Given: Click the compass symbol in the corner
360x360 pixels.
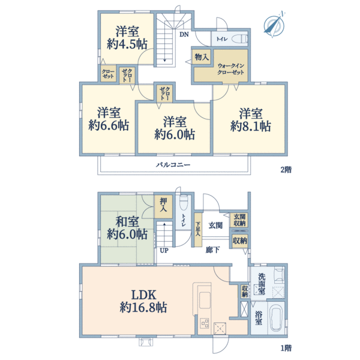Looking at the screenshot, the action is [x=274, y=25].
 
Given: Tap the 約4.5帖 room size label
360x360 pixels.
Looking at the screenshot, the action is [x=127, y=44].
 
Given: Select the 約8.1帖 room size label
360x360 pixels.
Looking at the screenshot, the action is [x=250, y=126].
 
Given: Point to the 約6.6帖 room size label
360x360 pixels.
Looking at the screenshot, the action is [x=109, y=125].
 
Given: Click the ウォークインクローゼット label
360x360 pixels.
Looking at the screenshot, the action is [x=230, y=69].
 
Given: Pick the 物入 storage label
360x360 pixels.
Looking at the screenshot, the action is [x=202, y=57].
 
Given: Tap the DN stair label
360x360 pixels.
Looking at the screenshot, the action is [x=184, y=34].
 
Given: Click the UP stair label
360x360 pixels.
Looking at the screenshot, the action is [x=164, y=250].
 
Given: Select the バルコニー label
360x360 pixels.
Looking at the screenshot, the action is [x=173, y=164].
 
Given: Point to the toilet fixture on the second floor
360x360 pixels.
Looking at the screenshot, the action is [x=239, y=38].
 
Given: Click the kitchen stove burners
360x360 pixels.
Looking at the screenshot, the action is [x=205, y=323].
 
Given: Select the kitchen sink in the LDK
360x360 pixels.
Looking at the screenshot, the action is [x=205, y=301].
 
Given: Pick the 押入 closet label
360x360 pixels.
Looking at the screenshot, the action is [x=163, y=205].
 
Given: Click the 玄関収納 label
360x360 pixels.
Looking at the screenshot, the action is [x=239, y=220].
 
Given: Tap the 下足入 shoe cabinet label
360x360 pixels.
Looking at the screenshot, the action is [x=198, y=229].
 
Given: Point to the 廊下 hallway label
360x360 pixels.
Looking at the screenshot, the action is [x=212, y=250].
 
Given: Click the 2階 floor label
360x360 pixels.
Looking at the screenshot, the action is [x=286, y=170].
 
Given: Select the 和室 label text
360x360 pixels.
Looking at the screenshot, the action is [x=127, y=221].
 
